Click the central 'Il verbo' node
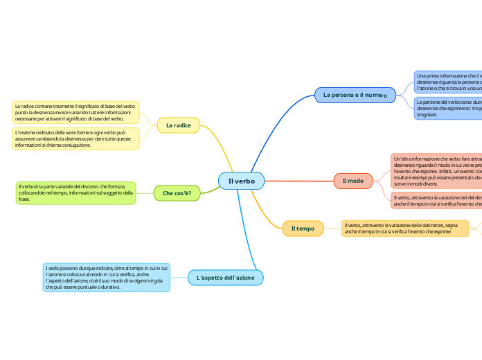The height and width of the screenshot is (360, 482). tap(241, 181)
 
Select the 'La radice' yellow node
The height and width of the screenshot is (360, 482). tap(178, 125)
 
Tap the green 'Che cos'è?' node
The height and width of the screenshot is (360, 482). tap(177, 192)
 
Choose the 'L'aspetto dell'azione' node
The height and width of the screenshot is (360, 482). tap(225, 278)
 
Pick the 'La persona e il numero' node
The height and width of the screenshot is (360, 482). tap(355, 94)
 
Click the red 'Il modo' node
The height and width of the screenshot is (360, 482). tap(352, 181)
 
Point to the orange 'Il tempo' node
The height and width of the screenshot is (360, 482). tap(303, 228)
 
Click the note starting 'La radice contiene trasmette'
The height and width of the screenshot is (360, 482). tap(75, 112)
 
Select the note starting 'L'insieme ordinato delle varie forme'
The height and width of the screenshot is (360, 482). tap(75, 138)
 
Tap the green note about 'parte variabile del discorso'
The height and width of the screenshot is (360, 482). tap(75, 192)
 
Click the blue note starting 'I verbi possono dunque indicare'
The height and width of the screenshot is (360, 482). tap(107, 277)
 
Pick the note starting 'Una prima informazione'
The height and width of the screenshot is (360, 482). tap(447, 82)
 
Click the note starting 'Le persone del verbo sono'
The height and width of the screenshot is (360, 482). tap(447, 107)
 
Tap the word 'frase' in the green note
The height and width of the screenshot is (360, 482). tap(24, 199)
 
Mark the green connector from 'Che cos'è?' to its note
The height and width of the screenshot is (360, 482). tap(145, 192)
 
